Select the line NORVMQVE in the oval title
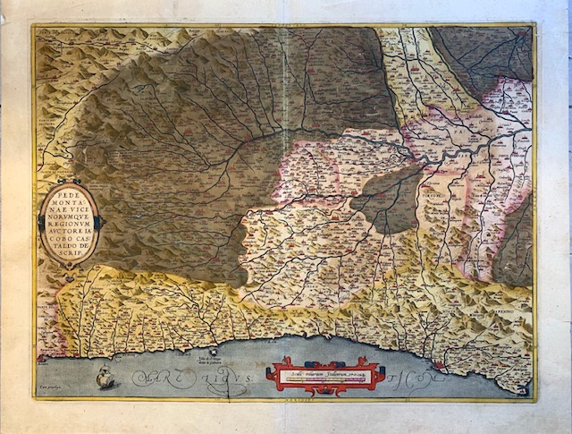[69, 214]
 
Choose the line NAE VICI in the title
[69, 206]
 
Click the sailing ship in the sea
[105, 376]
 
